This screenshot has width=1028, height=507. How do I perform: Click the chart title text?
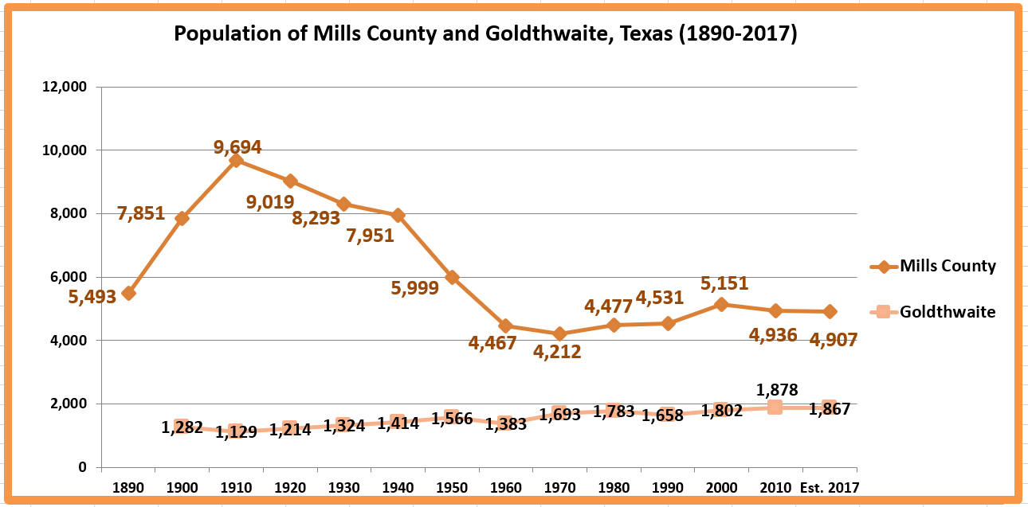tap(485, 34)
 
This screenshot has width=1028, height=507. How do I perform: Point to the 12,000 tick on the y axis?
tap(63, 87)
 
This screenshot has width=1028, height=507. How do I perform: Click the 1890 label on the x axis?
tap(128, 487)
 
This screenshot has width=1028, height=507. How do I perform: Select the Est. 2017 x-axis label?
tap(829, 487)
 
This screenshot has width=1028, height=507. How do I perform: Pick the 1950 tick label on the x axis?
tap(452, 487)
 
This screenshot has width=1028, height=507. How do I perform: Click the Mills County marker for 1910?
tap(237, 161)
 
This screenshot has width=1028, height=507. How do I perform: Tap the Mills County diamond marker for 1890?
tap(128, 293)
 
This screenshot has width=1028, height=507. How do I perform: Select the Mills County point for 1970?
tap(560, 333)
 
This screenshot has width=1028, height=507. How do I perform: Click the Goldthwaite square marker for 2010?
tap(775, 408)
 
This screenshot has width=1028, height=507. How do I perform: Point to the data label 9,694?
tap(237, 146)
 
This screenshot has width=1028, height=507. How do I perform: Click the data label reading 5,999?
tap(414, 288)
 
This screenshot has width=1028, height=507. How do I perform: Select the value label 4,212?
tap(557, 352)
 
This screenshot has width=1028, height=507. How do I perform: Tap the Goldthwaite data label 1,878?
tap(777, 389)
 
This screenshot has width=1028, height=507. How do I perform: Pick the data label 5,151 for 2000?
tap(724, 283)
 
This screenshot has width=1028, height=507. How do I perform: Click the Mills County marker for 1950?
tap(452, 277)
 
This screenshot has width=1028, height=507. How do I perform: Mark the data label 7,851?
tap(140, 213)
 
